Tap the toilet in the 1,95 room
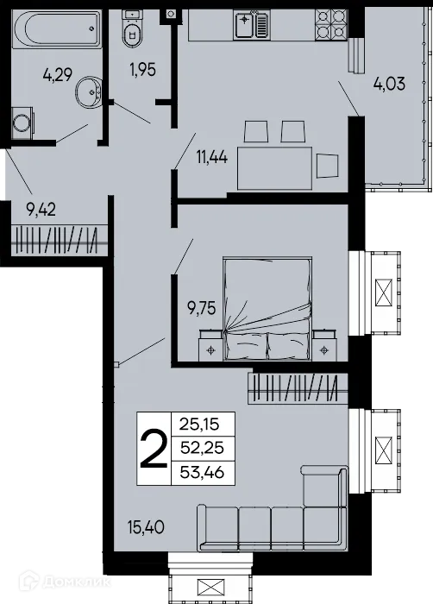[132, 33]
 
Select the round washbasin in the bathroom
[90, 90]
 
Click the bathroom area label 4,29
[58, 76]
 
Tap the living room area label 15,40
[146, 524]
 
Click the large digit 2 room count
[154, 451]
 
